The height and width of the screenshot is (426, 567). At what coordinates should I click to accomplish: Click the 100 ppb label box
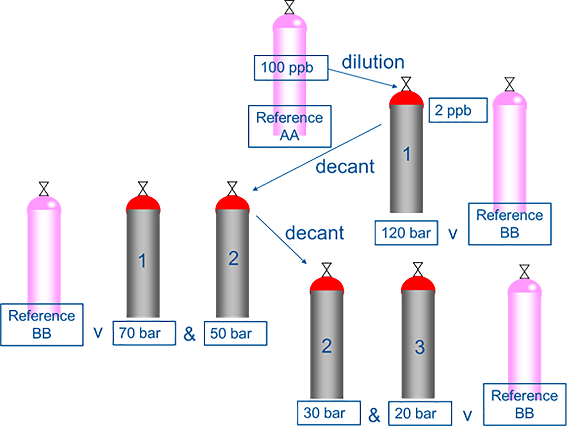(291, 68)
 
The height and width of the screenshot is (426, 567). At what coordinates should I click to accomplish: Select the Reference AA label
(289, 126)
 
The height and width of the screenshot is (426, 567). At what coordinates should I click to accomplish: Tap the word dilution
(373, 62)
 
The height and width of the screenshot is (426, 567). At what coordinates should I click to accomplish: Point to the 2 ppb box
(458, 110)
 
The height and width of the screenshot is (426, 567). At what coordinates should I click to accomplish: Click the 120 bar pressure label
(406, 233)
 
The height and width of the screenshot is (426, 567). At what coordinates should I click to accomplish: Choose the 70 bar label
(144, 333)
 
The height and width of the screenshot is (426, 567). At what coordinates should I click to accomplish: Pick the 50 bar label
(235, 333)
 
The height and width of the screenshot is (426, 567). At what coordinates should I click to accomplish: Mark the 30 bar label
(328, 413)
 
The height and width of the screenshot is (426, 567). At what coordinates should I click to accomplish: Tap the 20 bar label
(420, 413)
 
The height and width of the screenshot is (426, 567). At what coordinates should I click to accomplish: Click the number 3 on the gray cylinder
(419, 347)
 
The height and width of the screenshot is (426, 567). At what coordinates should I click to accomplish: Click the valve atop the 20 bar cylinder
(418, 270)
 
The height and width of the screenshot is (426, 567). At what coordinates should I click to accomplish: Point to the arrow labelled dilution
(363, 78)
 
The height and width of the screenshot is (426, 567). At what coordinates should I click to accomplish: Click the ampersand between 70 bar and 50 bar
(189, 334)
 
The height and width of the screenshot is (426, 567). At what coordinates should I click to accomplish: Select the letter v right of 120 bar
(453, 234)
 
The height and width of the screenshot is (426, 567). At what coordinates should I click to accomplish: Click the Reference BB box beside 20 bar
(524, 404)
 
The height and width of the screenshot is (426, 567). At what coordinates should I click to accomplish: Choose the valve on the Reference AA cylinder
(289, 7)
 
